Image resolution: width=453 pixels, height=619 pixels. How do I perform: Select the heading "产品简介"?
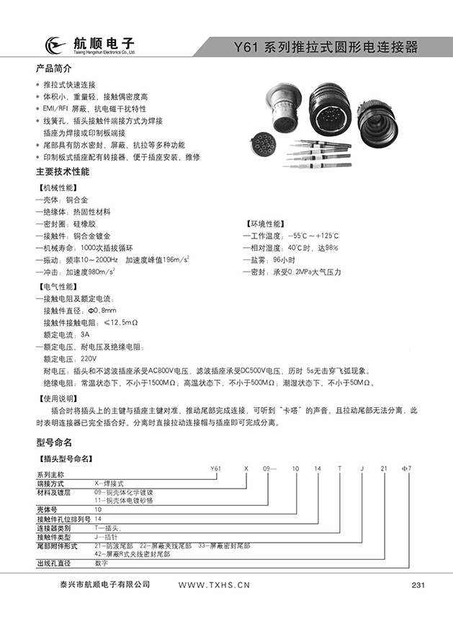(x=54, y=70)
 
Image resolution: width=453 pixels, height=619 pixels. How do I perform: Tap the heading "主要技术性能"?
(x=63, y=172)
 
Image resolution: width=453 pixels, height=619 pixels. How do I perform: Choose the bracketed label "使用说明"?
(x=58, y=397)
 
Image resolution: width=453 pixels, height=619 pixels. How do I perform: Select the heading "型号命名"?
(x=54, y=442)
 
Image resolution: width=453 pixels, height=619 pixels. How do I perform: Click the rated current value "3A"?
(x=84, y=335)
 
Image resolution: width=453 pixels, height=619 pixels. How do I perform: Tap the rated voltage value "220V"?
(x=88, y=358)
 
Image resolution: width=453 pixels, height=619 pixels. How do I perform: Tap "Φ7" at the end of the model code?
(x=405, y=468)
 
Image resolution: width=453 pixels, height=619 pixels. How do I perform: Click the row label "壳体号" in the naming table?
(x=47, y=509)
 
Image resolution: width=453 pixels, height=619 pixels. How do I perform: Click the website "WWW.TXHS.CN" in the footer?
(x=214, y=585)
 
